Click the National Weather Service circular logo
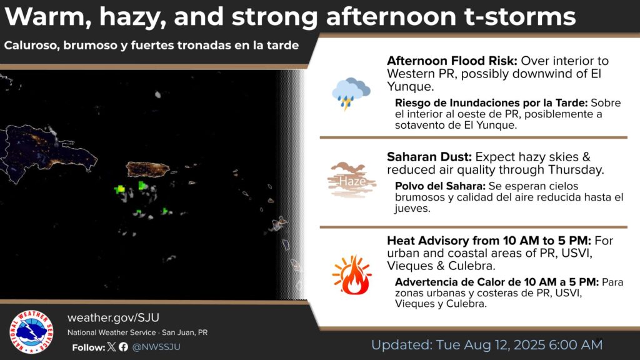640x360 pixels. pos(31,332)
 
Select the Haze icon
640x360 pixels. pos(351,180)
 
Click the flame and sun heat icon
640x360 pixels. pos(352,275)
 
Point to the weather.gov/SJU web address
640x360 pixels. pos(114,317)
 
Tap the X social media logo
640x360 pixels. pos(111,347)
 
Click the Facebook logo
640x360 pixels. pos(123,347)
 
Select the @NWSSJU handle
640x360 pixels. pos(156,347)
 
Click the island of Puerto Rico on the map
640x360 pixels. pos(147,169)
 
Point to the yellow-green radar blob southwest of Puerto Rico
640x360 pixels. pos(119,189)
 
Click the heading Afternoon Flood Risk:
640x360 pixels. pos(452,61)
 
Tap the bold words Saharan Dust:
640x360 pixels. pos(429,157)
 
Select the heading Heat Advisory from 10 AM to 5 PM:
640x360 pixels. pos(489,241)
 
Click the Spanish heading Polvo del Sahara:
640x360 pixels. pos(440,186)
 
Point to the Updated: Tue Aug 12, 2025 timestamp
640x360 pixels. pos(486,345)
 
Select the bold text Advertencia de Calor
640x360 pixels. pos(455,282)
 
